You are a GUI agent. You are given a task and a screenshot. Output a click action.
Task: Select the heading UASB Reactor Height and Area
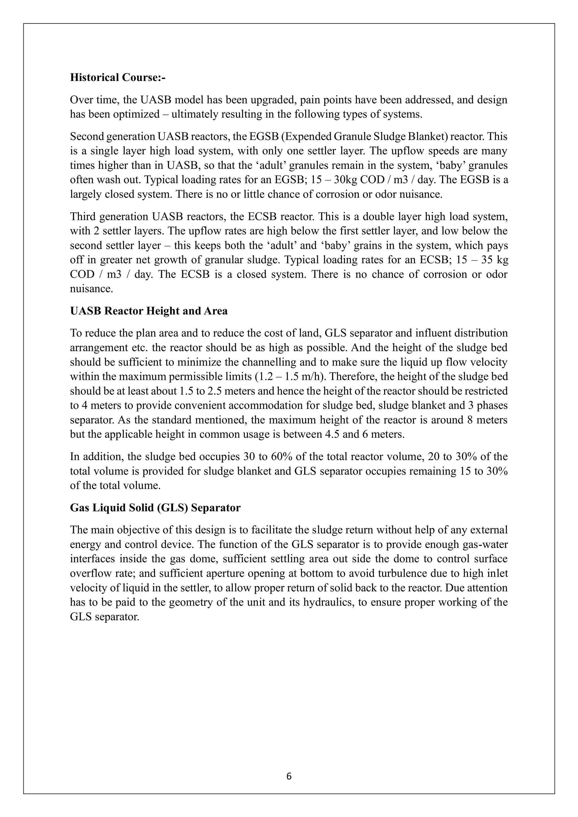click(149, 311)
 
